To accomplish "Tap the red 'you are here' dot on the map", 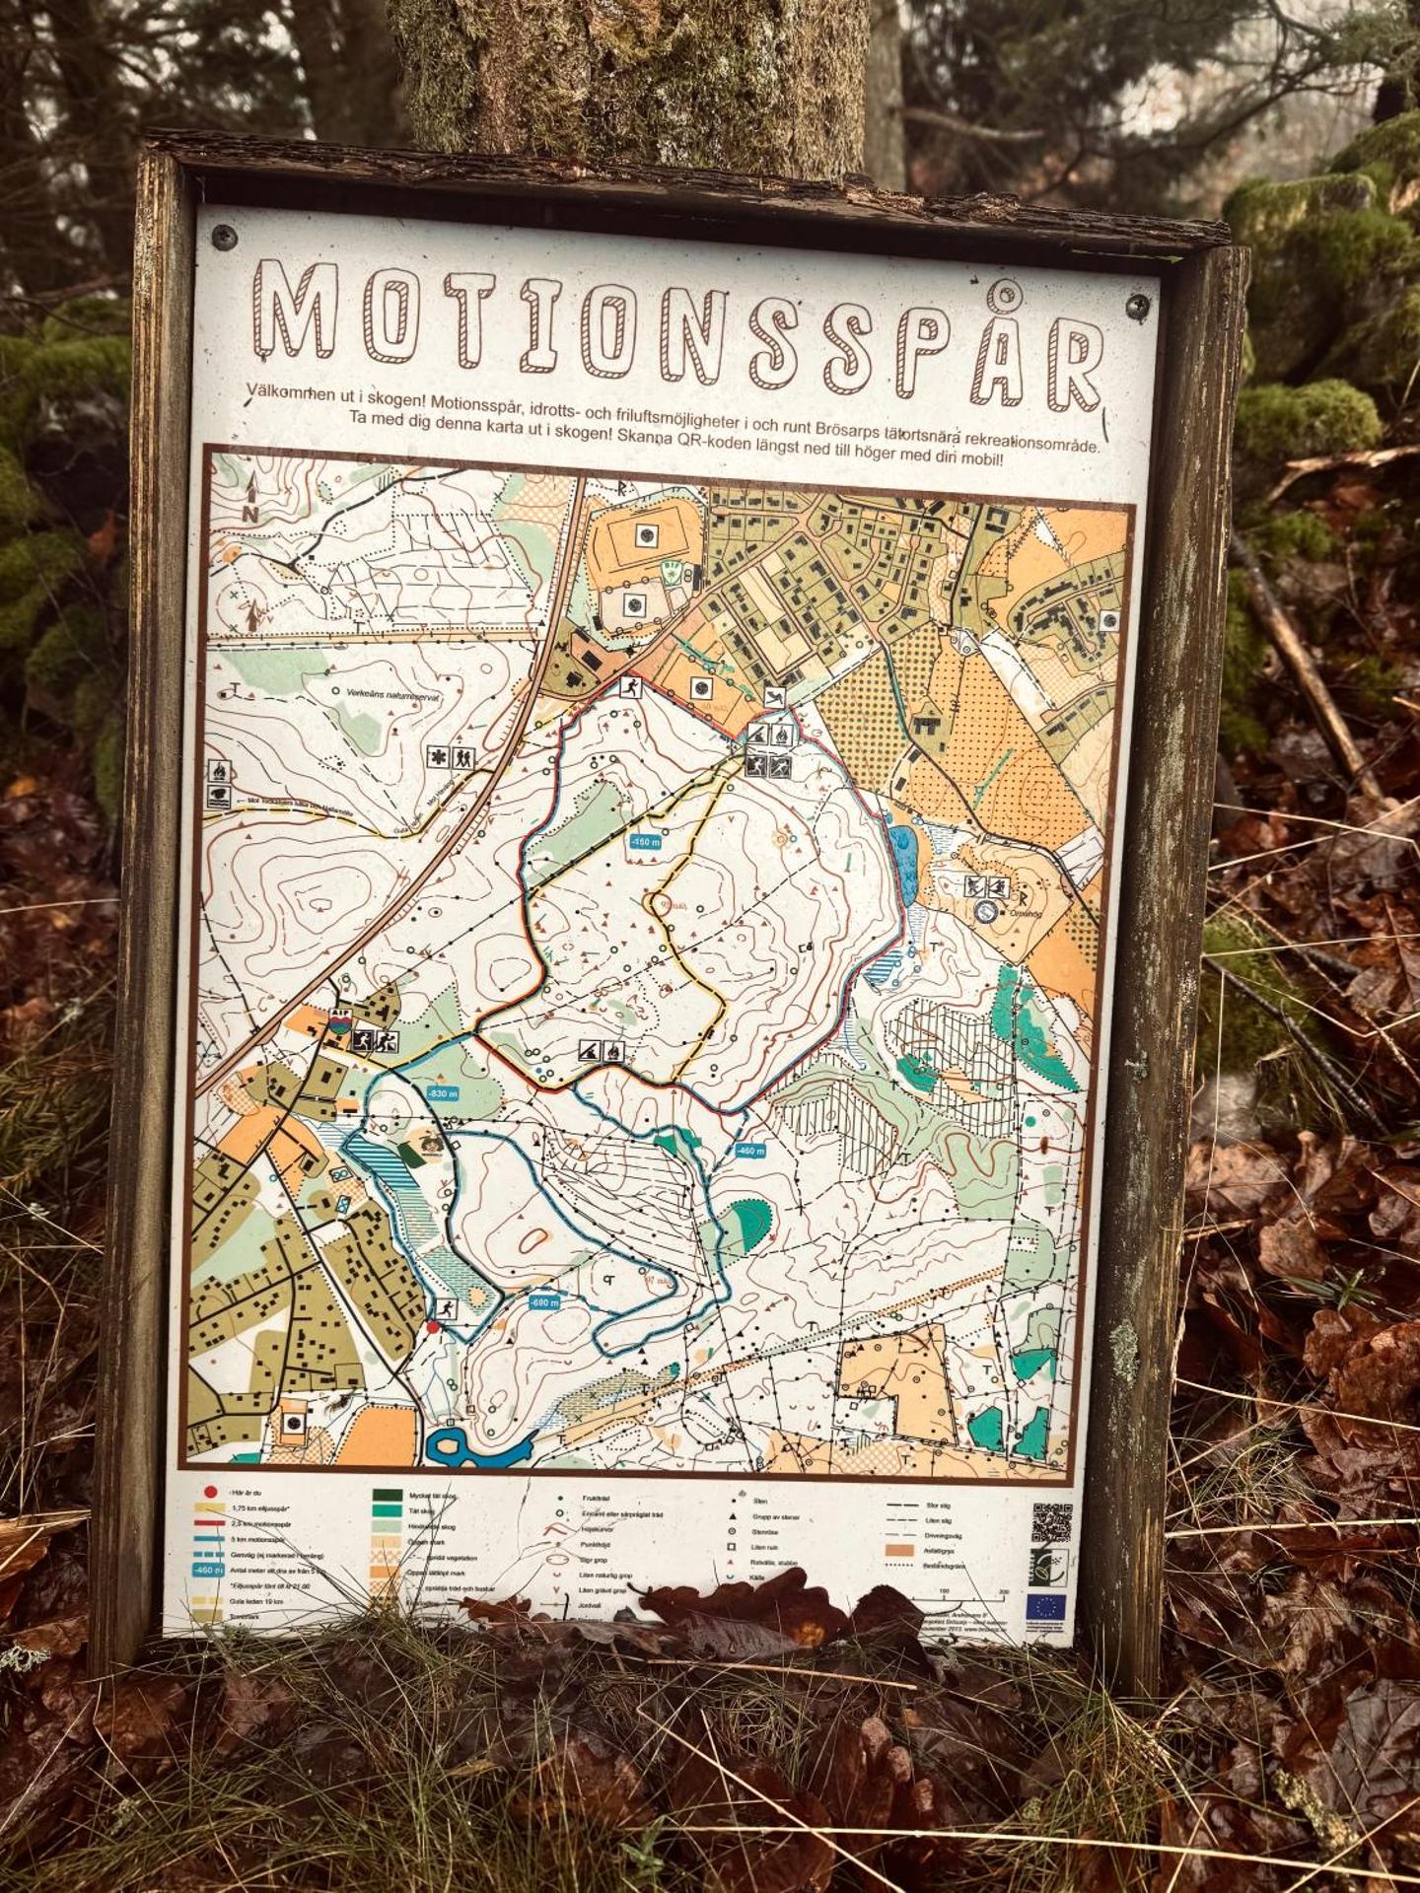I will pos(432,1328).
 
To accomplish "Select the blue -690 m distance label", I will pos(543,1302).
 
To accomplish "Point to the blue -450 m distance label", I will pos(750,1150).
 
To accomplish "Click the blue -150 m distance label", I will pos(645,841).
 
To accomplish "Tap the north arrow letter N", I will pos(250,514).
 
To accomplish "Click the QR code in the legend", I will pos(1052,1522).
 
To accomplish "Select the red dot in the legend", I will pos(210,1491).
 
